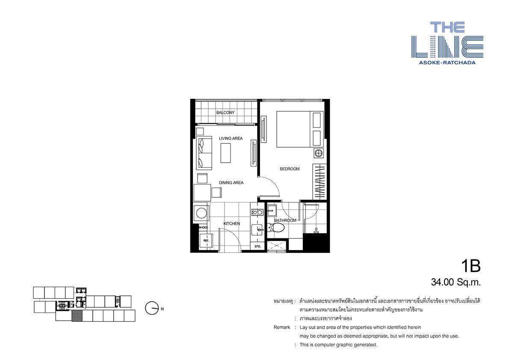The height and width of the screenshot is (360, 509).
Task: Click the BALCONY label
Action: [225, 113]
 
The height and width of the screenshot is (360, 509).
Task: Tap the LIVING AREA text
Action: [231, 138]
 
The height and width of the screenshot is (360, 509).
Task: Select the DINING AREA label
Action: [231, 183]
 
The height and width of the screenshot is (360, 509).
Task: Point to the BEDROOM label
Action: [290, 169]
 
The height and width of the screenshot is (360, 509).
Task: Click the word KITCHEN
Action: [232, 223]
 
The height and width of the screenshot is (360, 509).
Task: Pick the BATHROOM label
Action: [285, 220]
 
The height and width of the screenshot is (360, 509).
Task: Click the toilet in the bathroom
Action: [275, 227]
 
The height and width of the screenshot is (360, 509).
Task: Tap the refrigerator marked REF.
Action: [206, 241]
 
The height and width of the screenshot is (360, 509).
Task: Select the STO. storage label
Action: [258, 247]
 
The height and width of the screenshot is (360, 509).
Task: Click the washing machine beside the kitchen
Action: [201, 214]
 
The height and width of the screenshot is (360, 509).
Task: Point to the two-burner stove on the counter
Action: [257, 212]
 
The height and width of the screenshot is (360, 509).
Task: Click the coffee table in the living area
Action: [225, 153]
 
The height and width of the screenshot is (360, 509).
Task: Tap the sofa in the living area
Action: [204, 153]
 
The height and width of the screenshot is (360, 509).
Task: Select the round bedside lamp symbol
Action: [319, 153]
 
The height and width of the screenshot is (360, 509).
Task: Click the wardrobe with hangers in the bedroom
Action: [320, 182]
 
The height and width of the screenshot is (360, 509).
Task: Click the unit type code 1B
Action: [471, 266]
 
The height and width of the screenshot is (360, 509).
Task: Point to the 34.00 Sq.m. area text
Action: [456, 282]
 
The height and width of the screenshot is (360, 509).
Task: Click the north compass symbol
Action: [152, 308]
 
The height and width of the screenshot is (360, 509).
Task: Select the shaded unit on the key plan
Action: [77, 316]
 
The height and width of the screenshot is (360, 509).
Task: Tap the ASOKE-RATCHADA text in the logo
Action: [447, 62]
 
